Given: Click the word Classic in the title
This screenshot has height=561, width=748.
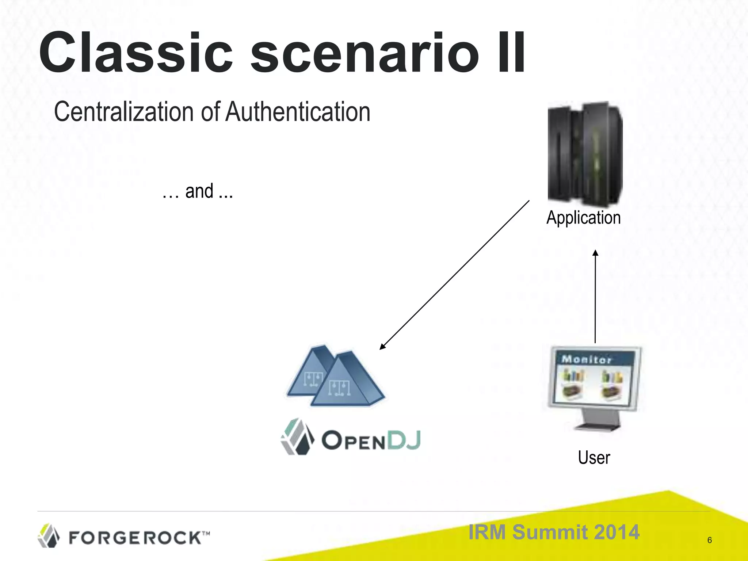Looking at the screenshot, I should click(x=135, y=53).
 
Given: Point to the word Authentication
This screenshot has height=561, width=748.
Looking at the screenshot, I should click(x=298, y=112).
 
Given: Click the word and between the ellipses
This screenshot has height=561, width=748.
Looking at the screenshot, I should click(x=199, y=191).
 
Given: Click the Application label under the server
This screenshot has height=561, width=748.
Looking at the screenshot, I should click(x=583, y=218).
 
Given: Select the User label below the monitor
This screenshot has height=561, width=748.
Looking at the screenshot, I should click(x=594, y=458).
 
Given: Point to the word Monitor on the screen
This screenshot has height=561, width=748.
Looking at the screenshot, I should click(x=587, y=359).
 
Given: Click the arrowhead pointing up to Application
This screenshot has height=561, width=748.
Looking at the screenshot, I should click(x=595, y=253).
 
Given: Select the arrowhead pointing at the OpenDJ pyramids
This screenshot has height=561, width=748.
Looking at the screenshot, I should click(x=382, y=347).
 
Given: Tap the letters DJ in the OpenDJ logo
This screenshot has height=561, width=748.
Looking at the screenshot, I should click(x=404, y=440).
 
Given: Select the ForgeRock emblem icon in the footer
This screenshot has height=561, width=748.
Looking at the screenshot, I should click(x=49, y=536).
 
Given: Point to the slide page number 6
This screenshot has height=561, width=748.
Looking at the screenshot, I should click(x=709, y=540).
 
